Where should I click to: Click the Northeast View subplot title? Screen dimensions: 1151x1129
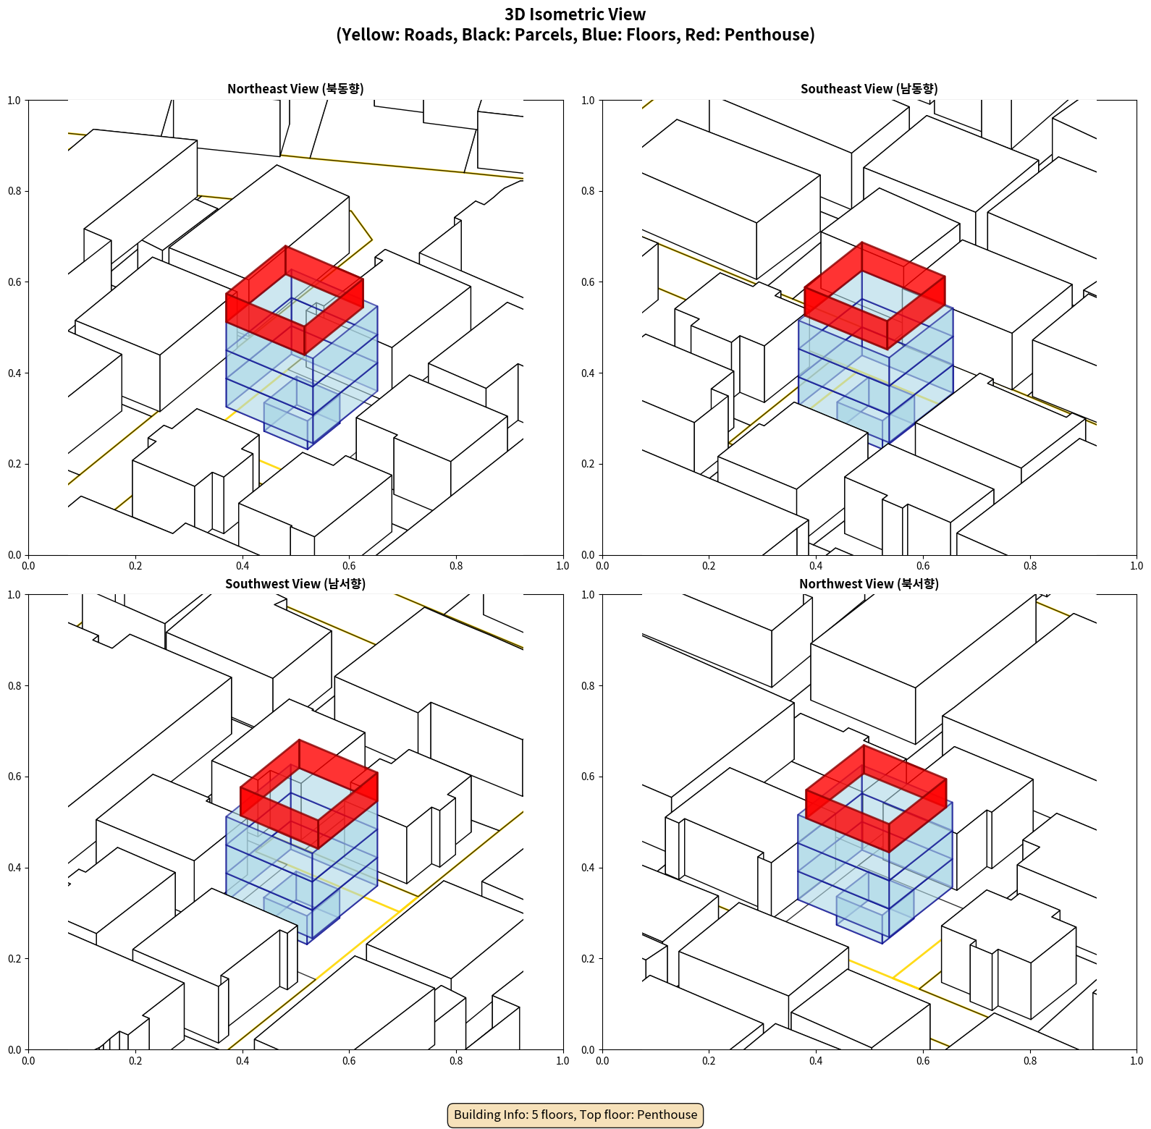pyautogui.click(x=295, y=89)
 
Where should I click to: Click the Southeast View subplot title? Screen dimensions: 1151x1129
pyautogui.click(x=869, y=89)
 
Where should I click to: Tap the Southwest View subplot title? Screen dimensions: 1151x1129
pyautogui.click(x=295, y=584)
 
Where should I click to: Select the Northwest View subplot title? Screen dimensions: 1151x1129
pyautogui.click(x=869, y=584)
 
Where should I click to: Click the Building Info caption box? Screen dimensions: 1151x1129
pyautogui.click(x=575, y=1115)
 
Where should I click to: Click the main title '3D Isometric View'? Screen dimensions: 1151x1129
pyautogui.click(x=575, y=14)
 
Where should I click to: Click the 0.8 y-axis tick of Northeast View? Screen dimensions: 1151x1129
pyautogui.click(x=14, y=191)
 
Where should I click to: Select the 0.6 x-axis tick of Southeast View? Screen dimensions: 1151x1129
pyautogui.click(x=923, y=566)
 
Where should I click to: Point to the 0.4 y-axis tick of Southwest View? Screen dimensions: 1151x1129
pyautogui.click(x=14, y=868)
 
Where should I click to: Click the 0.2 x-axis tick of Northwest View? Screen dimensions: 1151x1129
pyautogui.click(x=709, y=1061)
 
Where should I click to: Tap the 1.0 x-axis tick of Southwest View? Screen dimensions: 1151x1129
pyautogui.click(x=562, y=1061)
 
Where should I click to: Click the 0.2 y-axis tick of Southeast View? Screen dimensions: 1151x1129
pyautogui.click(x=588, y=464)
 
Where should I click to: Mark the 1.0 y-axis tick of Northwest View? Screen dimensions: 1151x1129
pyautogui.click(x=588, y=595)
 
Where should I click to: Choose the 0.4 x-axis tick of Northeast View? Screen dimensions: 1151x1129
pyautogui.click(x=243, y=566)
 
